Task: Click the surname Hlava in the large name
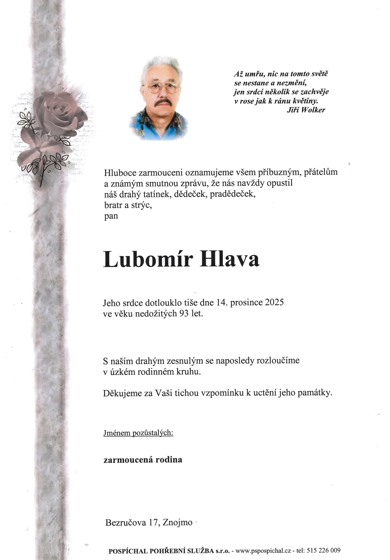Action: click(x=229, y=259)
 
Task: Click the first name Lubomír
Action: click(x=148, y=259)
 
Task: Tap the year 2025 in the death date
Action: click(x=274, y=302)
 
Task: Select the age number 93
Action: click(x=184, y=313)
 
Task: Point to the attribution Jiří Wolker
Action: click(x=306, y=110)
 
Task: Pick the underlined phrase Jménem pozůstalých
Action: click(x=138, y=433)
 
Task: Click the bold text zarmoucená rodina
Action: click(x=143, y=460)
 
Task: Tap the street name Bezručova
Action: click(x=125, y=522)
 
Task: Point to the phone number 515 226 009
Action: click(x=324, y=550)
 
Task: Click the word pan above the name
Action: click(x=111, y=216)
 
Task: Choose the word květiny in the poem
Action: click(x=305, y=101)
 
